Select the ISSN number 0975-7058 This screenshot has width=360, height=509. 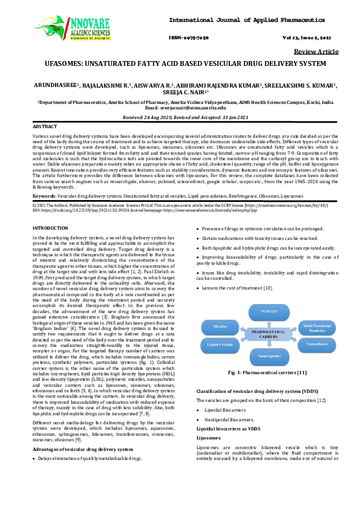pos(194,37)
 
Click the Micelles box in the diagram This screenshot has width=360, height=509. pos(220,325)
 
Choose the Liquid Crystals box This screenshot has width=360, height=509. pos(220,345)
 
